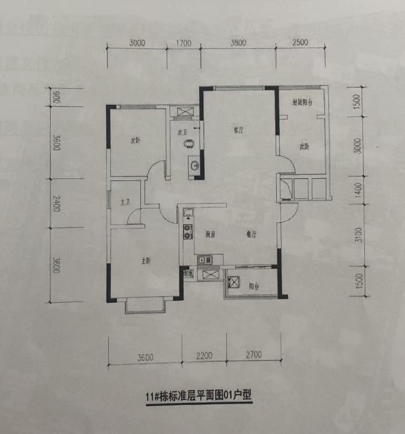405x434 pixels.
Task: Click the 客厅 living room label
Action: [x=239, y=131]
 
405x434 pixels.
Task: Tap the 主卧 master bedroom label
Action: [x=146, y=261]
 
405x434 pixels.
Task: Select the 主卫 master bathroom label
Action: [x=125, y=203]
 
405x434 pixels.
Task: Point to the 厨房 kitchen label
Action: [x=210, y=235]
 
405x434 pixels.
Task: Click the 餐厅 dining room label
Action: [x=251, y=235]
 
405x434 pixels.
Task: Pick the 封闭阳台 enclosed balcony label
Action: [x=302, y=102]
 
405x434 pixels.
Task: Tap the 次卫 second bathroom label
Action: [x=182, y=133]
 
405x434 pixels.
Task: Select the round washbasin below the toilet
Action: [x=195, y=165]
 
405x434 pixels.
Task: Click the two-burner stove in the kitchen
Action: [x=187, y=231]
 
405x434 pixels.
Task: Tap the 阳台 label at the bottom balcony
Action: [x=254, y=287]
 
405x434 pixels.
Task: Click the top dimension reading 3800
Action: [x=238, y=43]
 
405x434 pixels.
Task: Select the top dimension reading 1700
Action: [x=183, y=43]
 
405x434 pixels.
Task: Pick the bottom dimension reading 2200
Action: [x=204, y=355]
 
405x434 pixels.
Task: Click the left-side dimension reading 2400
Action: [x=56, y=203]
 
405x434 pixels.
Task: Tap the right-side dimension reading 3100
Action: [x=358, y=235]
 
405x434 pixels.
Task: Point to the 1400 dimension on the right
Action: [x=358, y=190]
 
